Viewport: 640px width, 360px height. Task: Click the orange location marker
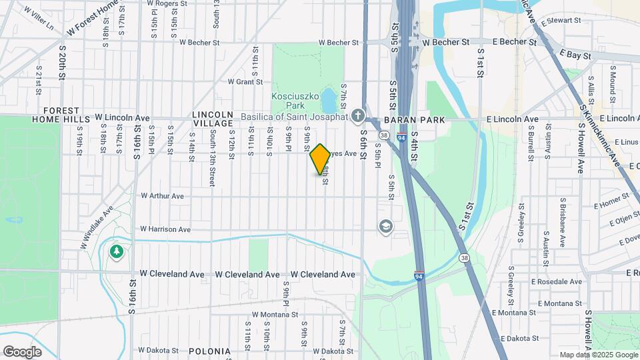321,159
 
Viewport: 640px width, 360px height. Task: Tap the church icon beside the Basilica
358,117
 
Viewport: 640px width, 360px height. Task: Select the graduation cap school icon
385,227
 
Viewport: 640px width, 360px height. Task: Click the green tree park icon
117,251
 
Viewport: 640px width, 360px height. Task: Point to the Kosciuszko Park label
297,101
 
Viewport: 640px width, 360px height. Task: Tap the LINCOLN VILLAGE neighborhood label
213,119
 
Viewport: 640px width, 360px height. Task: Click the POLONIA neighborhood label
209,351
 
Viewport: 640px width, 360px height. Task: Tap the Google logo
22,352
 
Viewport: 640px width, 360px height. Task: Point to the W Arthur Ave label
162,196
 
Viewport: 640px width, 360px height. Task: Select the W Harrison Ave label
166,229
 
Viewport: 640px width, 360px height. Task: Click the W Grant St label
245,82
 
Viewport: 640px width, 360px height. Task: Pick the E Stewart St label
561,21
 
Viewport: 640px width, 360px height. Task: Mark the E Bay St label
575,55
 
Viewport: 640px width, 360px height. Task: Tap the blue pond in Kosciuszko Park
328,101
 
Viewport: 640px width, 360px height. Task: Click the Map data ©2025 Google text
597,355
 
